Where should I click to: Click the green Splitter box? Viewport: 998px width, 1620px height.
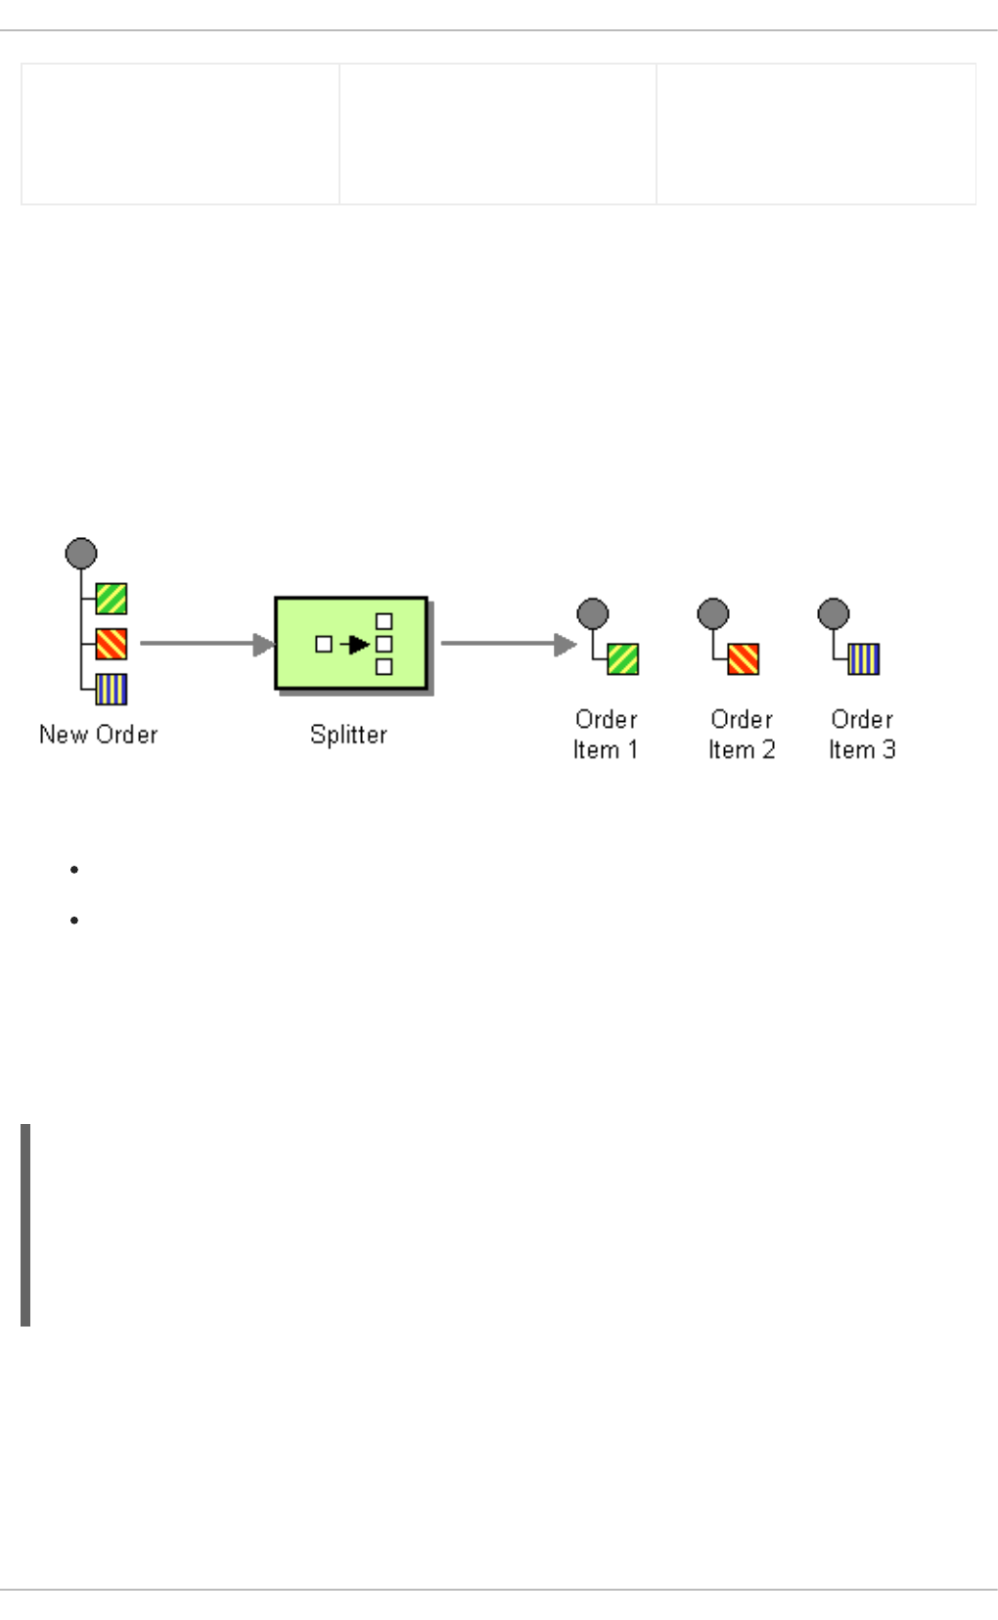pos(350,644)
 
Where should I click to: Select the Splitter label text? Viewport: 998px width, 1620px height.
pos(348,735)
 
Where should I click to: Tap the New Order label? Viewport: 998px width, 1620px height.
pos(98,735)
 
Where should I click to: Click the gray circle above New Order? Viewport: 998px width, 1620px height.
pos(81,554)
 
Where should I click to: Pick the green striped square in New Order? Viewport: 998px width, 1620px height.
pos(112,599)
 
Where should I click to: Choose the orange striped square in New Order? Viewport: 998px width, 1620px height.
pos(112,644)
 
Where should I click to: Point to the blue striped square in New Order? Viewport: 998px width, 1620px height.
pos(112,690)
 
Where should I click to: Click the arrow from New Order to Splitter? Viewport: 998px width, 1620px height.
pos(205,644)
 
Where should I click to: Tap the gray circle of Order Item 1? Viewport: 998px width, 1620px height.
pos(593,614)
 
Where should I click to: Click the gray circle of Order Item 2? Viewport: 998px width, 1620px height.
pos(713,614)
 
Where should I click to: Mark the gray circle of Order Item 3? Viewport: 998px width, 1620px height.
pos(834,614)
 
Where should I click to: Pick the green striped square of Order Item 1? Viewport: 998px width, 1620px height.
pos(623,659)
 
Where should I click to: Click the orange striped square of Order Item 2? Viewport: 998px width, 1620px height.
pos(744,659)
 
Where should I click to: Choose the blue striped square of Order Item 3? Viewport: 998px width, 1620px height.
pos(864,659)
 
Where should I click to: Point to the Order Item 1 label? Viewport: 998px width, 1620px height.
pos(606,735)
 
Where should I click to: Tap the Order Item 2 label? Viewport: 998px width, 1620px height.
pos(742,735)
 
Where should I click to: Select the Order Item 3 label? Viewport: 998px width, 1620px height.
pos(862,735)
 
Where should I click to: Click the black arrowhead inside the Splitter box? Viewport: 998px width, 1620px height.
pos(358,645)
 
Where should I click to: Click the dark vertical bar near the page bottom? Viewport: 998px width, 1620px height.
pos(25,1225)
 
